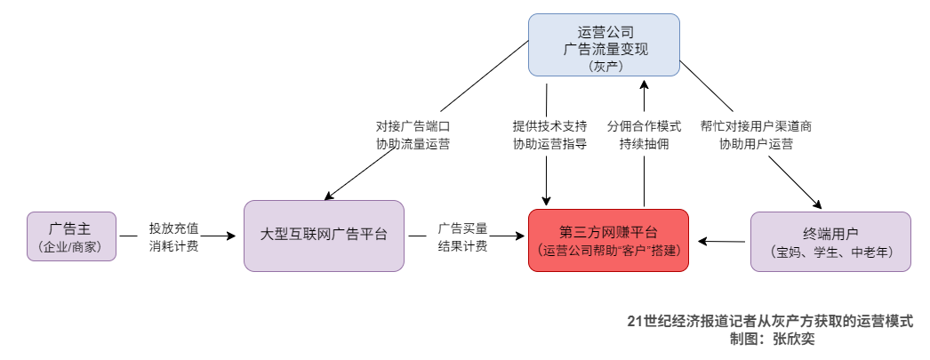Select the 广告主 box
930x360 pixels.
tap(72, 236)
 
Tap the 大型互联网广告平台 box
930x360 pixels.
tap(324, 236)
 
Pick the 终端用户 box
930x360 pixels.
tap(830, 240)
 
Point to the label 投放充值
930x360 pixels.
tap(173, 228)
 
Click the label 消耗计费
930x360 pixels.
tap(173, 246)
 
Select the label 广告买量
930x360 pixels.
tap(462, 228)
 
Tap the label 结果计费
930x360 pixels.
tap(462, 246)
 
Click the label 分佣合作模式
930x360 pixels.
tap(644, 126)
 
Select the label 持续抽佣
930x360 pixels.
tap(644, 145)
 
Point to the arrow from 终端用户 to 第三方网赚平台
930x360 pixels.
tap(721, 241)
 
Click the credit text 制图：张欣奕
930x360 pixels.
tap(770, 339)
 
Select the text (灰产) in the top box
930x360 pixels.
tap(604, 66)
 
